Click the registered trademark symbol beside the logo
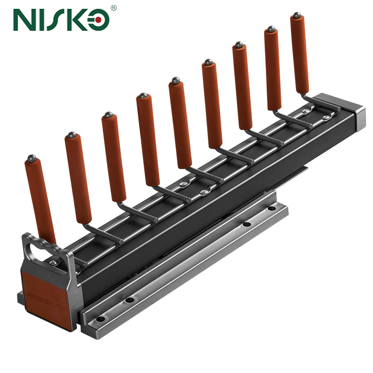coord(113,8)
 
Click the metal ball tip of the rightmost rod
coord(297,15)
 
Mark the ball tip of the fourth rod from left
coord(143,95)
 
